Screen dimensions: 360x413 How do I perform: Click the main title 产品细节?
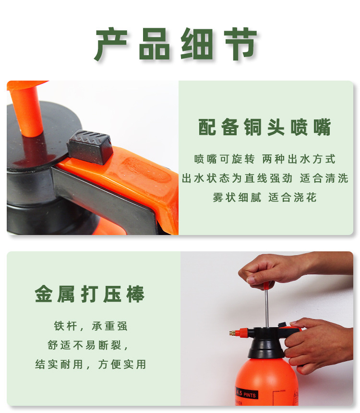(176, 44)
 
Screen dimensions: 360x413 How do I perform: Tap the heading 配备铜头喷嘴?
(264, 127)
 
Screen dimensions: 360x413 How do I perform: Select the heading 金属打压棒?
(90, 294)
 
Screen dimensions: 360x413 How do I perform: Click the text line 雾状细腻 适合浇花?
(264, 197)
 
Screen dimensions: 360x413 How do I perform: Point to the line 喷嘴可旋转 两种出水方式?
(264, 159)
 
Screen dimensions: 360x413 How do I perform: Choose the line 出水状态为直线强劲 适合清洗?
(265, 178)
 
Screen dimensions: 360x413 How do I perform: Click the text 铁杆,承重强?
(91, 326)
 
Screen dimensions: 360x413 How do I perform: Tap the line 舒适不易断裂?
(88, 345)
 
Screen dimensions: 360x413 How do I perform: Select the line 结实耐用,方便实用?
(91, 364)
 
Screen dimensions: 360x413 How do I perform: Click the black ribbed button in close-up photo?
(90, 146)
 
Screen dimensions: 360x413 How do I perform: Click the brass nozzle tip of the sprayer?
(232, 333)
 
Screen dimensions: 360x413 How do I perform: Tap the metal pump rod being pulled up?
(267, 308)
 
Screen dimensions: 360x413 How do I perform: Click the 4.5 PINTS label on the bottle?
(246, 393)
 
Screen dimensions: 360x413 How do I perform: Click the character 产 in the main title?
(111, 44)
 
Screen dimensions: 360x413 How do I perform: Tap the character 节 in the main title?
(240, 44)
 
